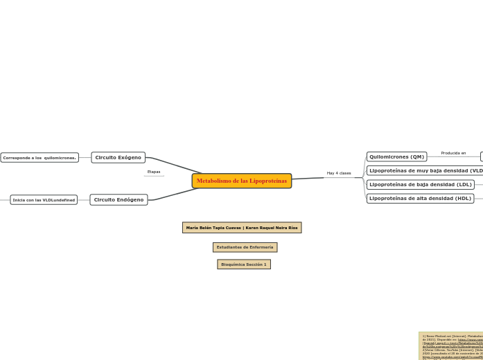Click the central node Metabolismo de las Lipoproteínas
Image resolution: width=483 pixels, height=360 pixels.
click(241, 181)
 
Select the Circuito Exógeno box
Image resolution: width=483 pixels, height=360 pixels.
click(118, 158)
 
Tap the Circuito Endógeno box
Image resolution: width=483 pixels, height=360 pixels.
click(118, 200)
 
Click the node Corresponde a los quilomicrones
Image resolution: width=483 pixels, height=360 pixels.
click(39, 158)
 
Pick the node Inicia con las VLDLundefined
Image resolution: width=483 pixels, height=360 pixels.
click(44, 200)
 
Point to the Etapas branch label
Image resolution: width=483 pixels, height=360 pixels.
click(154, 172)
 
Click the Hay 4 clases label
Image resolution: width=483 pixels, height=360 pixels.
click(339, 173)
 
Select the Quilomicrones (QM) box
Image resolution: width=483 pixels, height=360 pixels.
click(396, 156)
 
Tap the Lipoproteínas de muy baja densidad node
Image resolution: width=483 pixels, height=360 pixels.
click(425, 170)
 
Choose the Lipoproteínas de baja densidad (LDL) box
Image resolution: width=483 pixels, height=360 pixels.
click(420, 185)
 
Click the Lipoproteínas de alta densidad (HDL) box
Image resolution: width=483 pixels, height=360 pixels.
click(420, 199)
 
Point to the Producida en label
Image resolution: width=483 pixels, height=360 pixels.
click(453, 153)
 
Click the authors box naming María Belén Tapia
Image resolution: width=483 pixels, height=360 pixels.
click(242, 228)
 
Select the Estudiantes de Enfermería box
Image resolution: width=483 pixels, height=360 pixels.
click(245, 247)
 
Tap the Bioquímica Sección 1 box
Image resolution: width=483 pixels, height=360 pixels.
click(243, 264)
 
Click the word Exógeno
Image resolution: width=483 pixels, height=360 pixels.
click(129, 158)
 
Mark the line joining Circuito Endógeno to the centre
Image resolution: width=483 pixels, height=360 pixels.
click(173, 195)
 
